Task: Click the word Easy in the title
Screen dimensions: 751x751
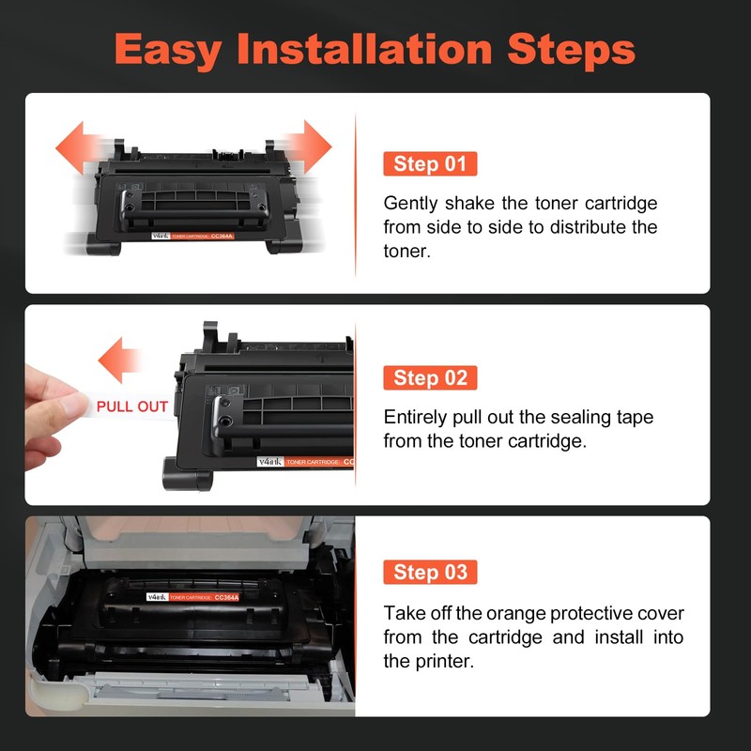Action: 168,51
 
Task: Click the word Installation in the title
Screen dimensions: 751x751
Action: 364,49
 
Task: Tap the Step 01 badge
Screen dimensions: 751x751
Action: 430,163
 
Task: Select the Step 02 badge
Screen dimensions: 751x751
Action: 430,378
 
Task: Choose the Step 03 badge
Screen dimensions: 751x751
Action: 430,572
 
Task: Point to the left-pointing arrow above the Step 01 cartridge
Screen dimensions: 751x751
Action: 79,147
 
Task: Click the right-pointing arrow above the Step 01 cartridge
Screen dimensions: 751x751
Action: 309,146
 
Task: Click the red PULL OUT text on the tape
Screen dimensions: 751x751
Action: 132,406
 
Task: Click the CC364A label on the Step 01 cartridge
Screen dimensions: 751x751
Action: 222,237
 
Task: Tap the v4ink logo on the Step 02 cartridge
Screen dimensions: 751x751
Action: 270,462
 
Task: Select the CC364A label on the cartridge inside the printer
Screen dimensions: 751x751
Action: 226,597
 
